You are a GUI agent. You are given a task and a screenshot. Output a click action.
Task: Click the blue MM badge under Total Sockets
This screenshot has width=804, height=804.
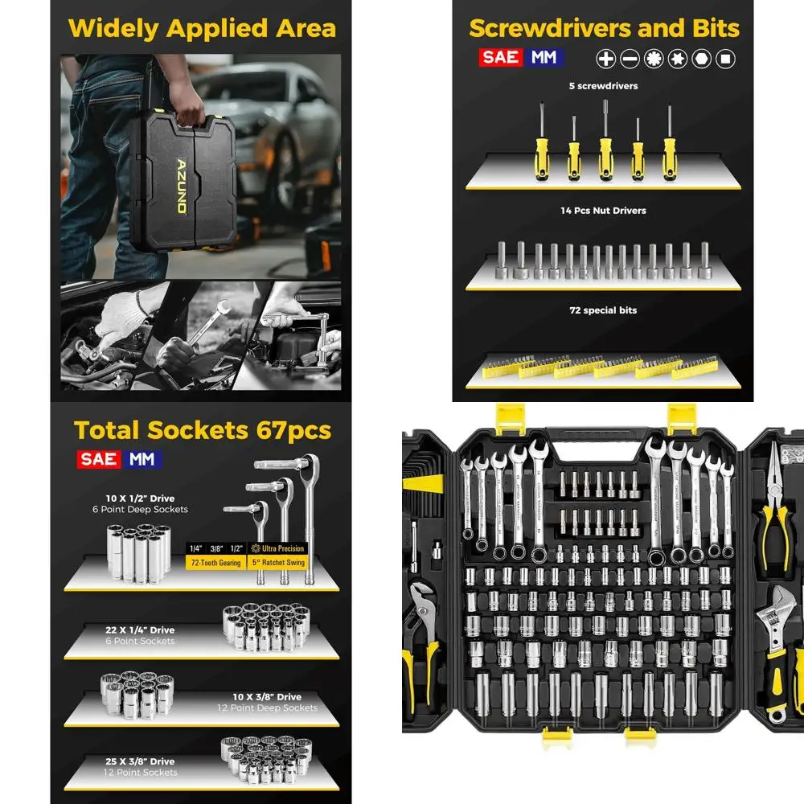click(142, 459)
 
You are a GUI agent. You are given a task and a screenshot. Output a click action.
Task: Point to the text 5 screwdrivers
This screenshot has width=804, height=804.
click(604, 86)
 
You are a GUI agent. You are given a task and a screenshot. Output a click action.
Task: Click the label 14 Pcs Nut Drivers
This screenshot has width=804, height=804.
click(603, 211)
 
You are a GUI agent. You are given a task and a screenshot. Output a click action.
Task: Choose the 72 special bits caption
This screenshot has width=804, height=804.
click(603, 310)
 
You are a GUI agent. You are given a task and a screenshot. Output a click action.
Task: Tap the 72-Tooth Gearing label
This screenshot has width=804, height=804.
click(219, 563)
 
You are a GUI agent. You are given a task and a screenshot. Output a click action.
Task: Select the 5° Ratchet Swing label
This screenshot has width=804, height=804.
click(278, 563)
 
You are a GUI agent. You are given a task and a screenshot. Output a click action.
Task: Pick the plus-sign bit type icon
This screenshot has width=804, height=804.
click(605, 58)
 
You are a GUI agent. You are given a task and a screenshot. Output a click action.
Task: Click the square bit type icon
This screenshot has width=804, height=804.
click(726, 58)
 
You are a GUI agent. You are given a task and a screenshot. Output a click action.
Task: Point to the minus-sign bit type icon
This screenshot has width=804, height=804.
click(630, 58)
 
